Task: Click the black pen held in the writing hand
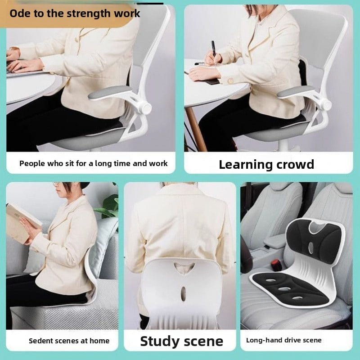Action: pos(213,49)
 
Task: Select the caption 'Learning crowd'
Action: pos(266,164)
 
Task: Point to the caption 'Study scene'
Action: pos(182,341)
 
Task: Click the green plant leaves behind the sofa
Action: pos(108,207)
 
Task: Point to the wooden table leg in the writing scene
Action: pos(196,129)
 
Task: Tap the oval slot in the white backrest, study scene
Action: pos(183,294)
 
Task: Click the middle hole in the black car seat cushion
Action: pos(284,288)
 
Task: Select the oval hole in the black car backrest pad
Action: pos(310,248)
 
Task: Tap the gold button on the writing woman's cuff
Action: pos(230,81)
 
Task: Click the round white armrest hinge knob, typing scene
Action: pos(145,108)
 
